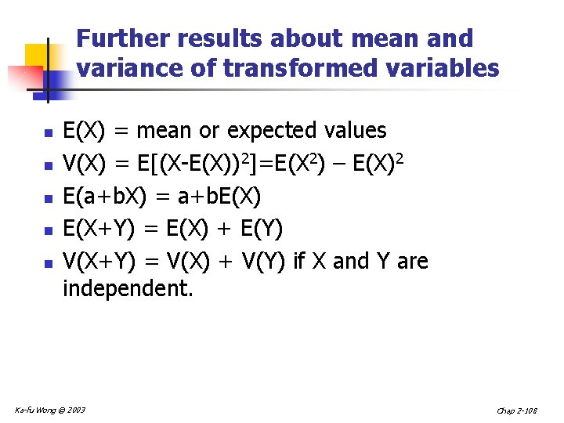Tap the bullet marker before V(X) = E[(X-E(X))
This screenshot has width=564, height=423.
click(48, 166)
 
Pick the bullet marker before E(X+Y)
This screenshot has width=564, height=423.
click(48, 232)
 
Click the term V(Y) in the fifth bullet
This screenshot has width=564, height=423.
click(259, 262)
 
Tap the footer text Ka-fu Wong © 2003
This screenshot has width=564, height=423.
click(50, 410)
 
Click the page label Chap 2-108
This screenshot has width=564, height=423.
click(517, 410)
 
